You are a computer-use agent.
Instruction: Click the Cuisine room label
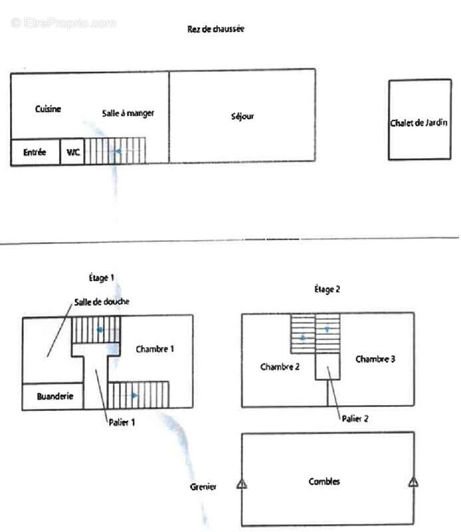click(x=48, y=109)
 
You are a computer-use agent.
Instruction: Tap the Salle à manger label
click(x=128, y=113)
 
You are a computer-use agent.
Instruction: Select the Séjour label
click(x=242, y=117)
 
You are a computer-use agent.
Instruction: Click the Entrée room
click(x=35, y=152)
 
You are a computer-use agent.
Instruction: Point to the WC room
click(x=73, y=152)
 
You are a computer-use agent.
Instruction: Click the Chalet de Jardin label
click(x=418, y=122)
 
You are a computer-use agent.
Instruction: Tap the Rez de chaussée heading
click(x=216, y=29)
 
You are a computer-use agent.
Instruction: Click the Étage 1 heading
click(x=101, y=278)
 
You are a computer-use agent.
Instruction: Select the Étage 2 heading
click(x=327, y=289)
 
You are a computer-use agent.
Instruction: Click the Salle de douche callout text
click(x=102, y=302)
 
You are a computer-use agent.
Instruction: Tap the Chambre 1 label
click(x=155, y=348)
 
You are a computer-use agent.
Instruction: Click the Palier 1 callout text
click(x=122, y=422)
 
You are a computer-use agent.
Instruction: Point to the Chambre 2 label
click(x=279, y=366)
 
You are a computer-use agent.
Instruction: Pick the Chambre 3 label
click(x=375, y=359)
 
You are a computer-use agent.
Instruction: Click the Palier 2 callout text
click(x=355, y=419)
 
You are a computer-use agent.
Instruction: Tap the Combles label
click(x=324, y=481)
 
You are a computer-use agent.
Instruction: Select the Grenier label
click(x=203, y=487)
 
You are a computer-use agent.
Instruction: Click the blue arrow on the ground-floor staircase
click(x=118, y=152)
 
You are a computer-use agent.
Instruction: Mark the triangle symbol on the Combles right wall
click(x=413, y=481)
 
